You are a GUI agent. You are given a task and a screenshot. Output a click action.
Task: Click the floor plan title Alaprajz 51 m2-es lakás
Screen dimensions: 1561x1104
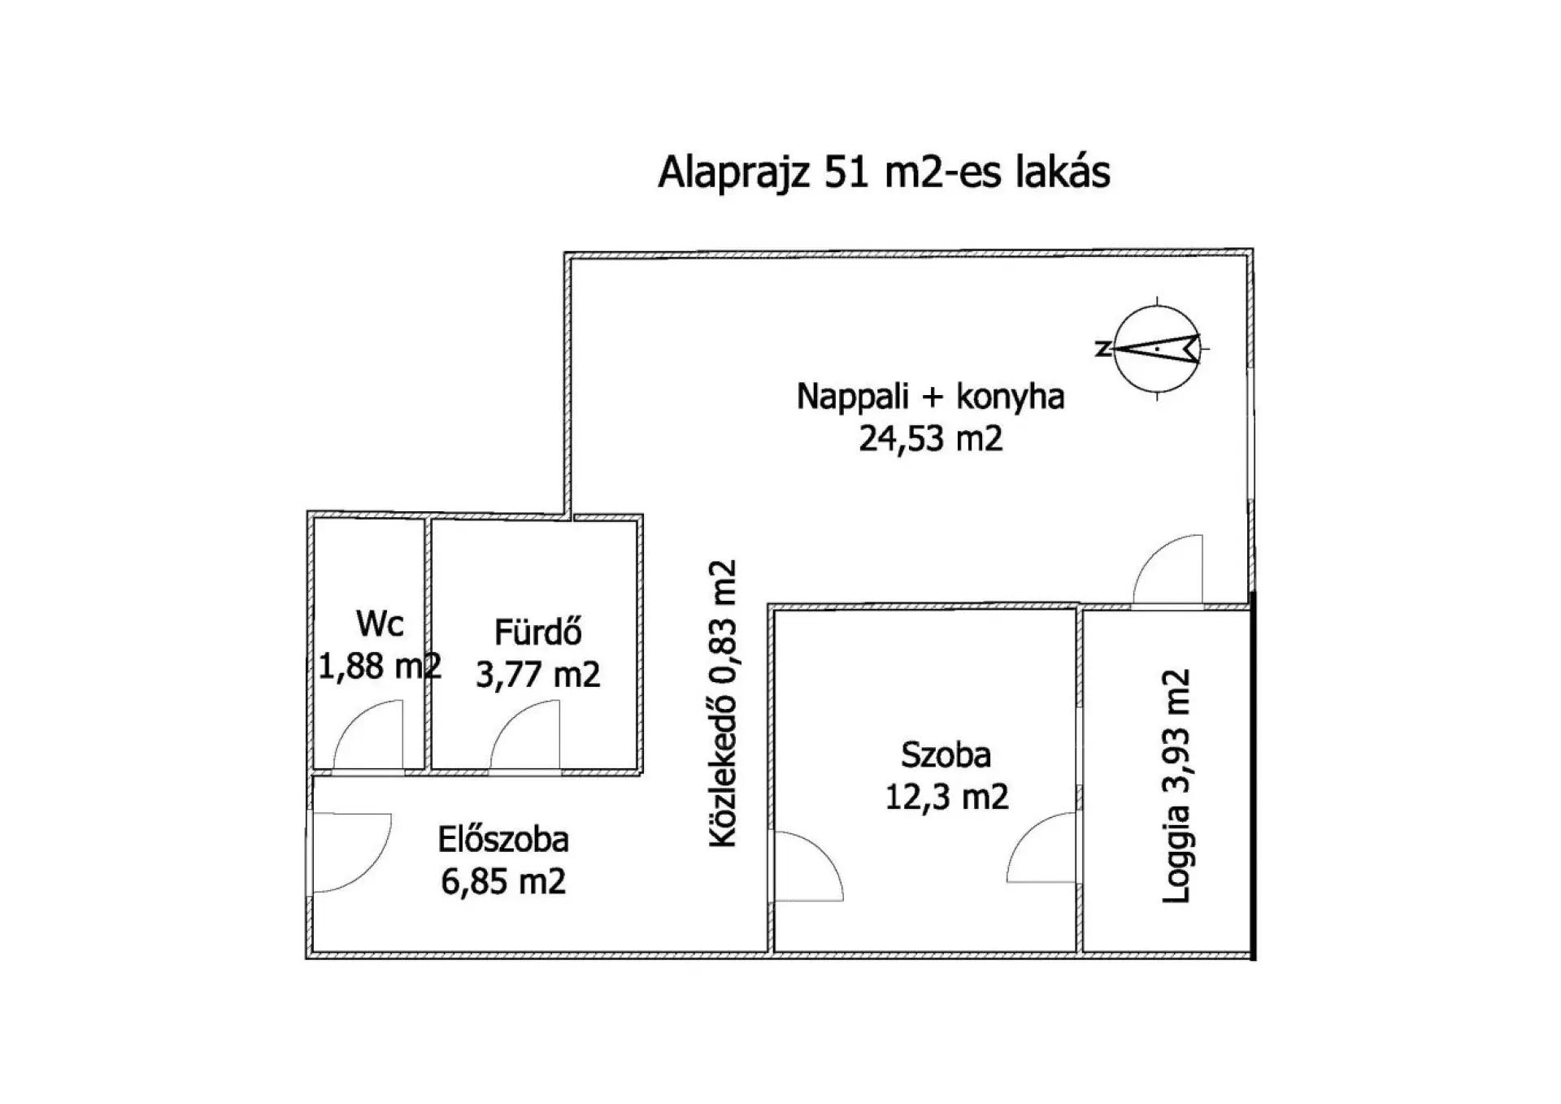[884, 172]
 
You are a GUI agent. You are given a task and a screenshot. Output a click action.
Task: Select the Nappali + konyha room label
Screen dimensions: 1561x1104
[930, 397]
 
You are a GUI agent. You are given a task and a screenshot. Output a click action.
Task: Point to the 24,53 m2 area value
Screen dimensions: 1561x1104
[931, 439]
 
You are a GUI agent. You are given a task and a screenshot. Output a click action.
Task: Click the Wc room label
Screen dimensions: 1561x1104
[380, 624]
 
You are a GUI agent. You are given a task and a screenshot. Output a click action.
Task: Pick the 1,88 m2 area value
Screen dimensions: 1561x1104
[380, 667]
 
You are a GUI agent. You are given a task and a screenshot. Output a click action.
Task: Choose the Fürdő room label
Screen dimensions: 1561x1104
[538, 632]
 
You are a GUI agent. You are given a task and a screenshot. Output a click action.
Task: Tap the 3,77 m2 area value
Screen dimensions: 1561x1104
[538, 675]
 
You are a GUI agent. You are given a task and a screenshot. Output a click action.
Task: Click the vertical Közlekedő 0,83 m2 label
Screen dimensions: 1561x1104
[723, 704]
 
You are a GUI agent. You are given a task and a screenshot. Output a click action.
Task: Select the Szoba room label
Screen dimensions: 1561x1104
[946, 755]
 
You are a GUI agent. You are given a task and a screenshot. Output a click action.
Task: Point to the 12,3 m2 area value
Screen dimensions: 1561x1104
[946, 797]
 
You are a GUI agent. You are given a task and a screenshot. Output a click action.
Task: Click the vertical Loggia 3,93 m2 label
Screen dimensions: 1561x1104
[1176, 786]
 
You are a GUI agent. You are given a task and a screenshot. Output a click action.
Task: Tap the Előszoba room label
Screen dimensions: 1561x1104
[503, 840]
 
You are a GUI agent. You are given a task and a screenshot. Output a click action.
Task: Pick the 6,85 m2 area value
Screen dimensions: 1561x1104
[503, 882]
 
